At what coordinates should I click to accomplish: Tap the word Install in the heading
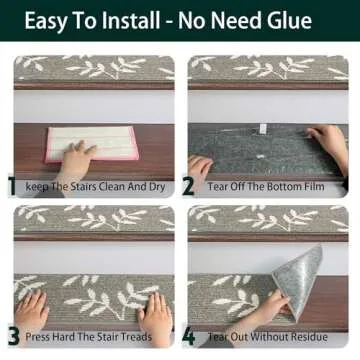[131, 20]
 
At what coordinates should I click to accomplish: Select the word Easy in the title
[46, 21]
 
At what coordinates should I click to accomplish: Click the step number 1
[12, 186]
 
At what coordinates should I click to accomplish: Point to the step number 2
[188, 186]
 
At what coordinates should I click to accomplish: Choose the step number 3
[14, 337]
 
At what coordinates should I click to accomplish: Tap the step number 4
[188, 337]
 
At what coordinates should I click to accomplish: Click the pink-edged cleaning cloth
[92, 143]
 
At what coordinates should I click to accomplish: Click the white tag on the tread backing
[263, 128]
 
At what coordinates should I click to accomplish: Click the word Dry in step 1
[157, 187]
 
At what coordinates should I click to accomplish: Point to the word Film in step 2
[312, 186]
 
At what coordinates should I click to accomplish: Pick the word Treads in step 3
[136, 337]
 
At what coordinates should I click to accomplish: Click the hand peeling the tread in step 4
[267, 308]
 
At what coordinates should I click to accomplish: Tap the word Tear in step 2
[217, 186]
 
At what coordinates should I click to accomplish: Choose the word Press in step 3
[37, 337]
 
